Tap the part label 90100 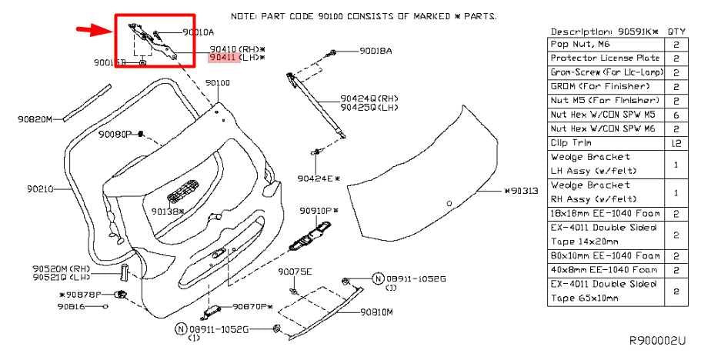click(217, 82)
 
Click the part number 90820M click(35, 119)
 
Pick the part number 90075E click(295, 272)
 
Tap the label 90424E click(315, 178)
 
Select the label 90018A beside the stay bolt click(375, 51)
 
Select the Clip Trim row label click(569, 142)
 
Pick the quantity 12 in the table click(675, 142)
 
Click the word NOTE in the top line click(246, 15)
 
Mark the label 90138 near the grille click(166, 211)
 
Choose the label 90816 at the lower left click(72, 306)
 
